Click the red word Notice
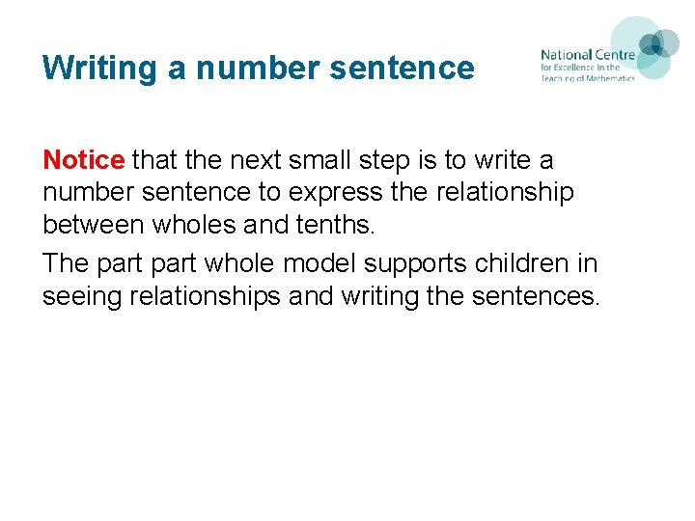pyautogui.click(x=83, y=159)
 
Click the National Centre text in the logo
pyautogui.click(x=587, y=55)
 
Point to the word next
pyautogui.click(x=237, y=159)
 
